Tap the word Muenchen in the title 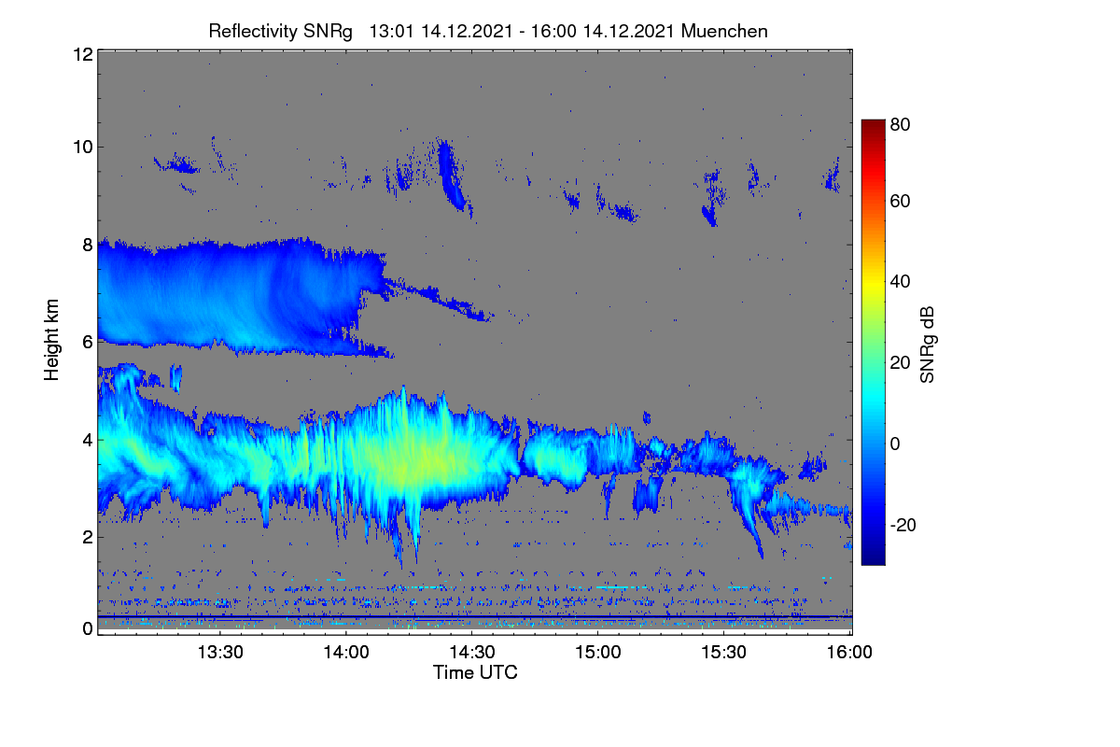click(724, 32)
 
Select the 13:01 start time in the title click(391, 32)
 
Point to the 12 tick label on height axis click(83, 54)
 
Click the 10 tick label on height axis click(83, 148)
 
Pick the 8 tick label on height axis click(88, 246)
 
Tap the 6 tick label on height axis click(88, 343)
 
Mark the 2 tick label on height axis click(88, 537)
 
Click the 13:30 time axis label click(220, 653)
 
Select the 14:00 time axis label click(346, 653)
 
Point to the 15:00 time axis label click(598, 653)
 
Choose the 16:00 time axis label click(849, 653)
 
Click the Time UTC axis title click(475, 673)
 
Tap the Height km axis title click(51, 340)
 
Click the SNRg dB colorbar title click(927, 345)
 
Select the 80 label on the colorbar click(900, 124)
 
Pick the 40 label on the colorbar click(900, 282)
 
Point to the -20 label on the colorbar click(903, 526)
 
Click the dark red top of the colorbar click(873, 123)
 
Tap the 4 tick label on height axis click(88, 441)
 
